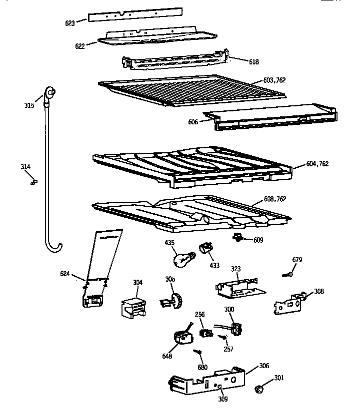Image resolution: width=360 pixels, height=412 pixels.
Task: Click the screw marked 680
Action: (x=199, y=354)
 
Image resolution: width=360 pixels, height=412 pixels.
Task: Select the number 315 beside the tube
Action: (x=29, y=105)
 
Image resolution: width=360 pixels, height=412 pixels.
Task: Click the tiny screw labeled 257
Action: (x=220, y=338)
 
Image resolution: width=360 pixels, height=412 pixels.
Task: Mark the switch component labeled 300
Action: (x=235, y=328)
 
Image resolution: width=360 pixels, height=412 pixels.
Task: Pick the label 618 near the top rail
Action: (x=254, y=61)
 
